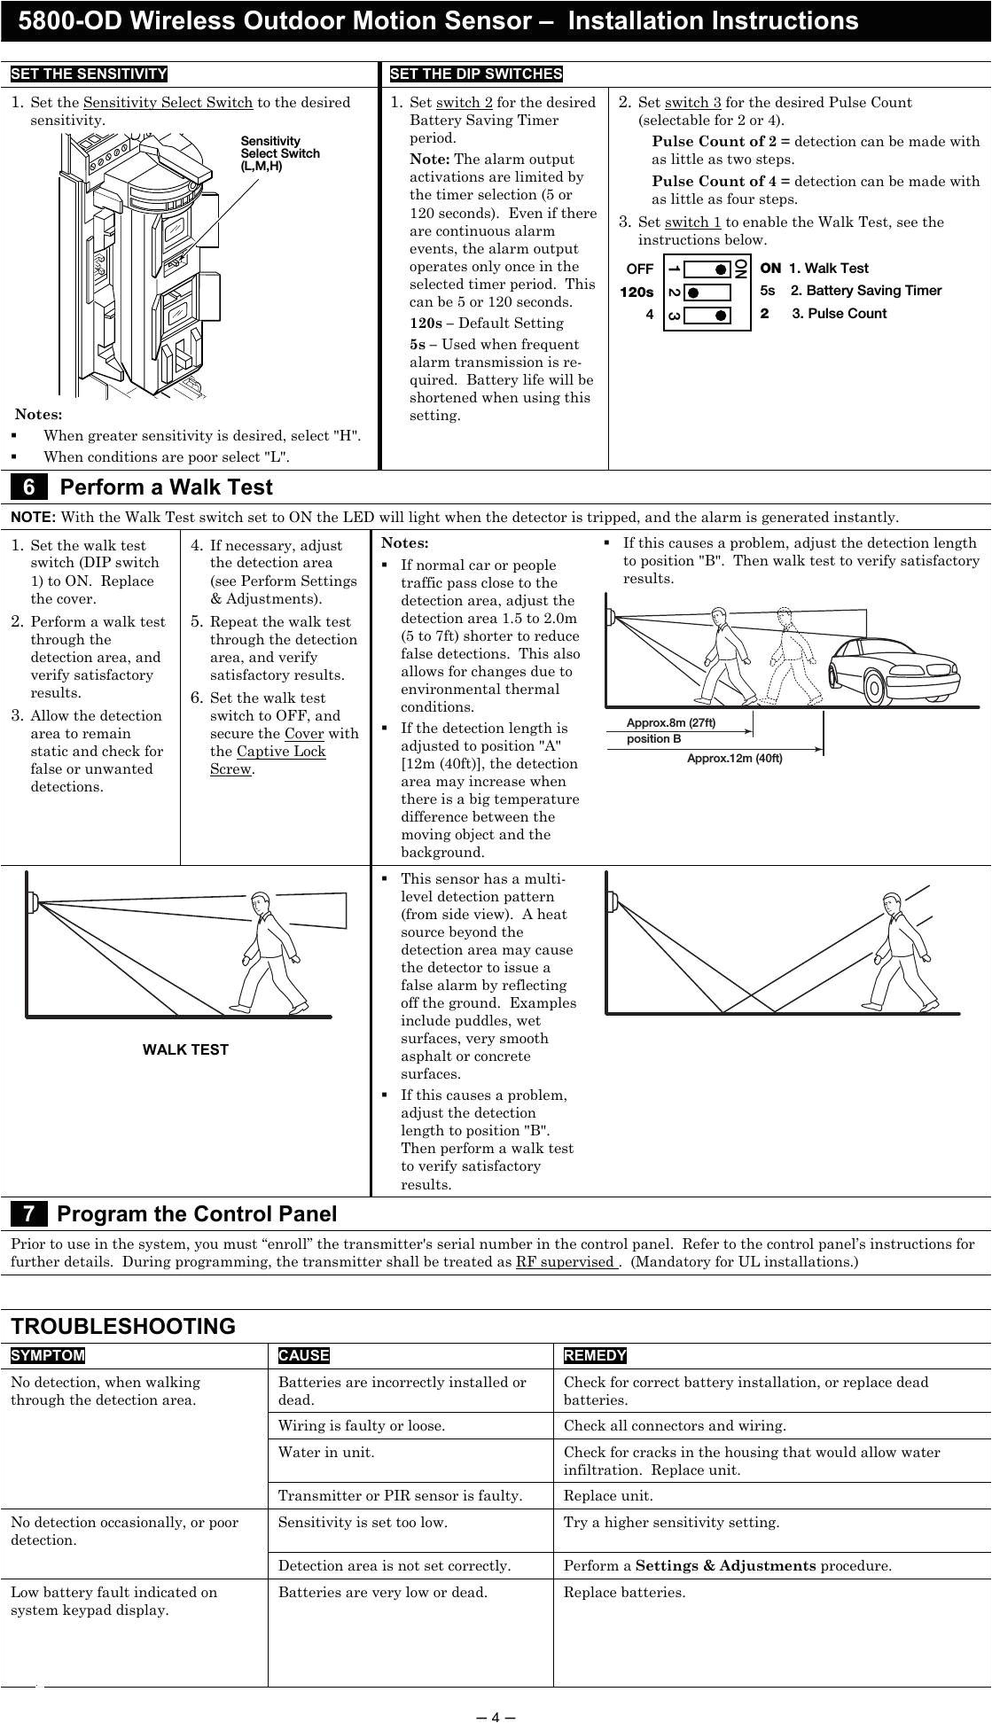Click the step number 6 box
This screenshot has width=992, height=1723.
pos(29,487)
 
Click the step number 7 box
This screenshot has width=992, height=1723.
pos(29,1214)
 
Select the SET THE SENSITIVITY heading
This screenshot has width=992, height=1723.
pos(89,74)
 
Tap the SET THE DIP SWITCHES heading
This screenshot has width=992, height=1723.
pos(476,74)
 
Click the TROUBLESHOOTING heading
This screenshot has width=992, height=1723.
pos(123,1327)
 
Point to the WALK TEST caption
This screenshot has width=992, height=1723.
pos(185,1050)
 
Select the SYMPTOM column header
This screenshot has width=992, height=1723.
pos(48,1356)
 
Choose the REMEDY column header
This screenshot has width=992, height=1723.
pos(595,1356)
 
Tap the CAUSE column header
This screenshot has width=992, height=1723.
pos(303,1356)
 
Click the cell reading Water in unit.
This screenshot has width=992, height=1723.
pos(326,1453)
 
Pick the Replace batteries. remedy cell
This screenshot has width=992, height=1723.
pos(624,1593)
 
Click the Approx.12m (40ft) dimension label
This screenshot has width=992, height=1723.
pos(734,759)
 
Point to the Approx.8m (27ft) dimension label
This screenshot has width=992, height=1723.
pos(670,723)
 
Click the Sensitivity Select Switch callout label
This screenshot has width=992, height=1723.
pos(280,153)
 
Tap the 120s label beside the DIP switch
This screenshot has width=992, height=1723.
pos(637,292)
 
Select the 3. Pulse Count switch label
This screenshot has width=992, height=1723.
pos(839,314)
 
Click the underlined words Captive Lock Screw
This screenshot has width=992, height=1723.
pos(268,760)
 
